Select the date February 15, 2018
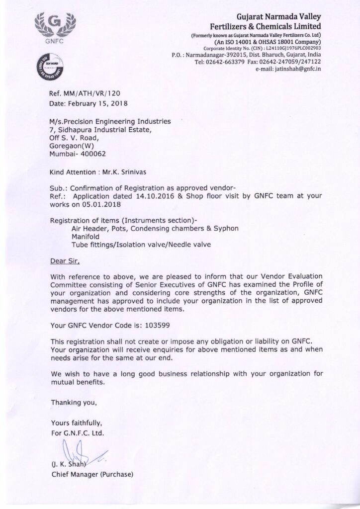point(99,104)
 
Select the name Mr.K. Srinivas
point(131,173)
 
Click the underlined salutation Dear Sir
point(65,260)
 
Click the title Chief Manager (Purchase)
point(92,474)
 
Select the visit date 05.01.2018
point(102,204)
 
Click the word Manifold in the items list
point(87,237)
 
